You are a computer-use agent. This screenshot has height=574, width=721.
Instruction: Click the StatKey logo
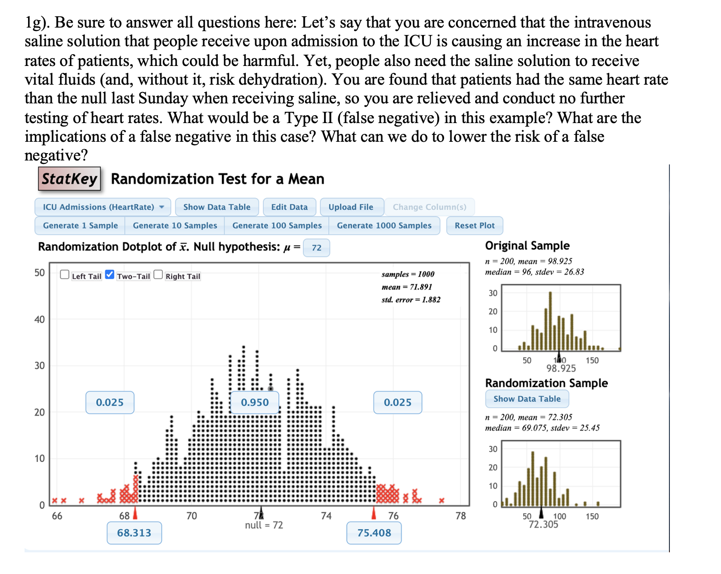point(69,179)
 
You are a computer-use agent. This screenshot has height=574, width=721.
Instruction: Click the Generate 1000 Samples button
point(384,225)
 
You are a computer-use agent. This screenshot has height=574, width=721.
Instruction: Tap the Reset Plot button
point(474,225)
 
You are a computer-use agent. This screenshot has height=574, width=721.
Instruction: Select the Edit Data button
point(289,207)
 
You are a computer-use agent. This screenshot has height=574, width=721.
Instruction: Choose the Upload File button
point(351,207)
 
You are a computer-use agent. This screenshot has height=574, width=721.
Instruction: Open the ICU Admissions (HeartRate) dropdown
point(103,207)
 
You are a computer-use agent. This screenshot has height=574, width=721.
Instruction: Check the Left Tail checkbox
point(64,275)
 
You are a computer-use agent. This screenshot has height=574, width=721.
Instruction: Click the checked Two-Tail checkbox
point(110,275)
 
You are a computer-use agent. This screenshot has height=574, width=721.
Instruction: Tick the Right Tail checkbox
point(158,275)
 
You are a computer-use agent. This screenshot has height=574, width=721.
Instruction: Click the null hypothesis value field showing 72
point(316,248)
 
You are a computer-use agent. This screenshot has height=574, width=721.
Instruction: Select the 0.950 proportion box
point(255,402)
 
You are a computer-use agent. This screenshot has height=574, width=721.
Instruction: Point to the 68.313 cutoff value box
point(134,533)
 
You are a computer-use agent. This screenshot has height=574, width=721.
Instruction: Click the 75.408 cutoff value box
point(374,533)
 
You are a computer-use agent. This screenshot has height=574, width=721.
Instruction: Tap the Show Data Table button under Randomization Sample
point(527,399)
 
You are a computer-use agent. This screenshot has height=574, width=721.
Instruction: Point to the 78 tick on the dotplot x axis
point(460,516)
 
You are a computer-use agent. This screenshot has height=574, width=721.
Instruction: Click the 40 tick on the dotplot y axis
point(39,319)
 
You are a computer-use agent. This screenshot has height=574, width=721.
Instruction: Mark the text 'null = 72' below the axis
point(264,525)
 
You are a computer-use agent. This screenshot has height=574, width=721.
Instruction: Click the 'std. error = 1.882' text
point(411,299)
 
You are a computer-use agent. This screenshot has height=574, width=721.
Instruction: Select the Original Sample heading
point(527,246)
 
